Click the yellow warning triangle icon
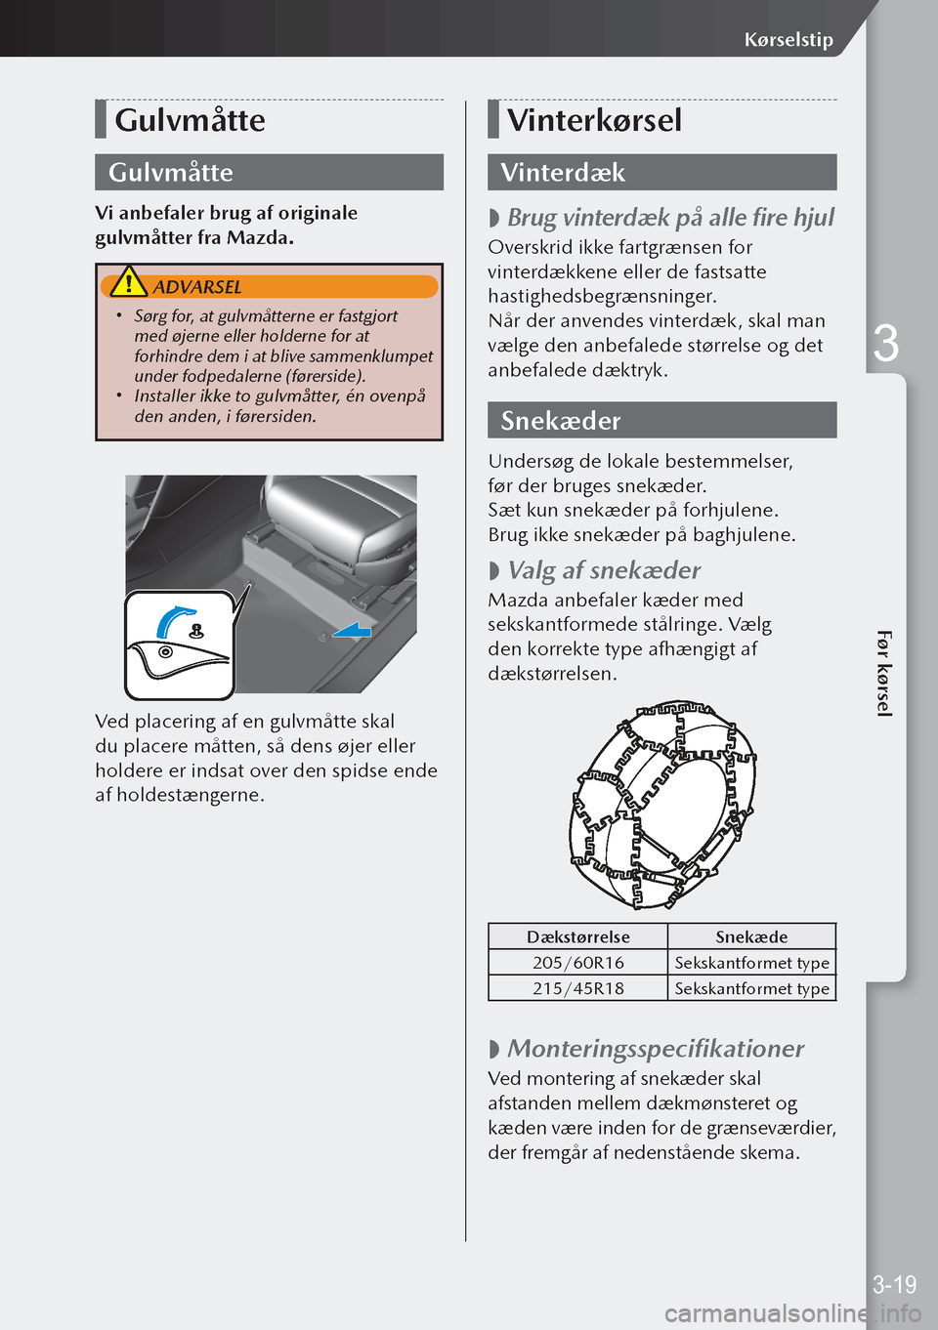pyautogui.click(x=128, y=281)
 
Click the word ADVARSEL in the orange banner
pyautogui.click(x=197, y=287)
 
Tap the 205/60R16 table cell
pyautogui.click(x=578, y=962)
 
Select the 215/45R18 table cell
pyautogui.click(x=578, y=988)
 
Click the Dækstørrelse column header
pyautogui.click(x=578, y=936)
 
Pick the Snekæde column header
pyautogui.click(x=751, y=936)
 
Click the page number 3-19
pyautogui.click(x=895, y=1284)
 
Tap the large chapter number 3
pyautogui.click(x=885, y=344)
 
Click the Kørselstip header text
pyautogui.click(x=789, y=40)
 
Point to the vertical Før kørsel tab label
pyautogui.click(x=884, y=674)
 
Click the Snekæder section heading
pyautogui.click(x=560, y=420)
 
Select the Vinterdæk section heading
pyautogui.click(x=563, y=172)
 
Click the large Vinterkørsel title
pyautogui.click(x=594, y=120)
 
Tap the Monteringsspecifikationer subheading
pyautogui.click(x=656, y=1049)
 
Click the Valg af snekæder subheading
pyautogui.click(x=604, y=570)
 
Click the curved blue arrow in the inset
pyautogui.click(x=174, y=619)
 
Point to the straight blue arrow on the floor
pyautogui.click(x=353, y=630)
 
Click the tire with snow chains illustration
pyautogui.click(x=662, y=804)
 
